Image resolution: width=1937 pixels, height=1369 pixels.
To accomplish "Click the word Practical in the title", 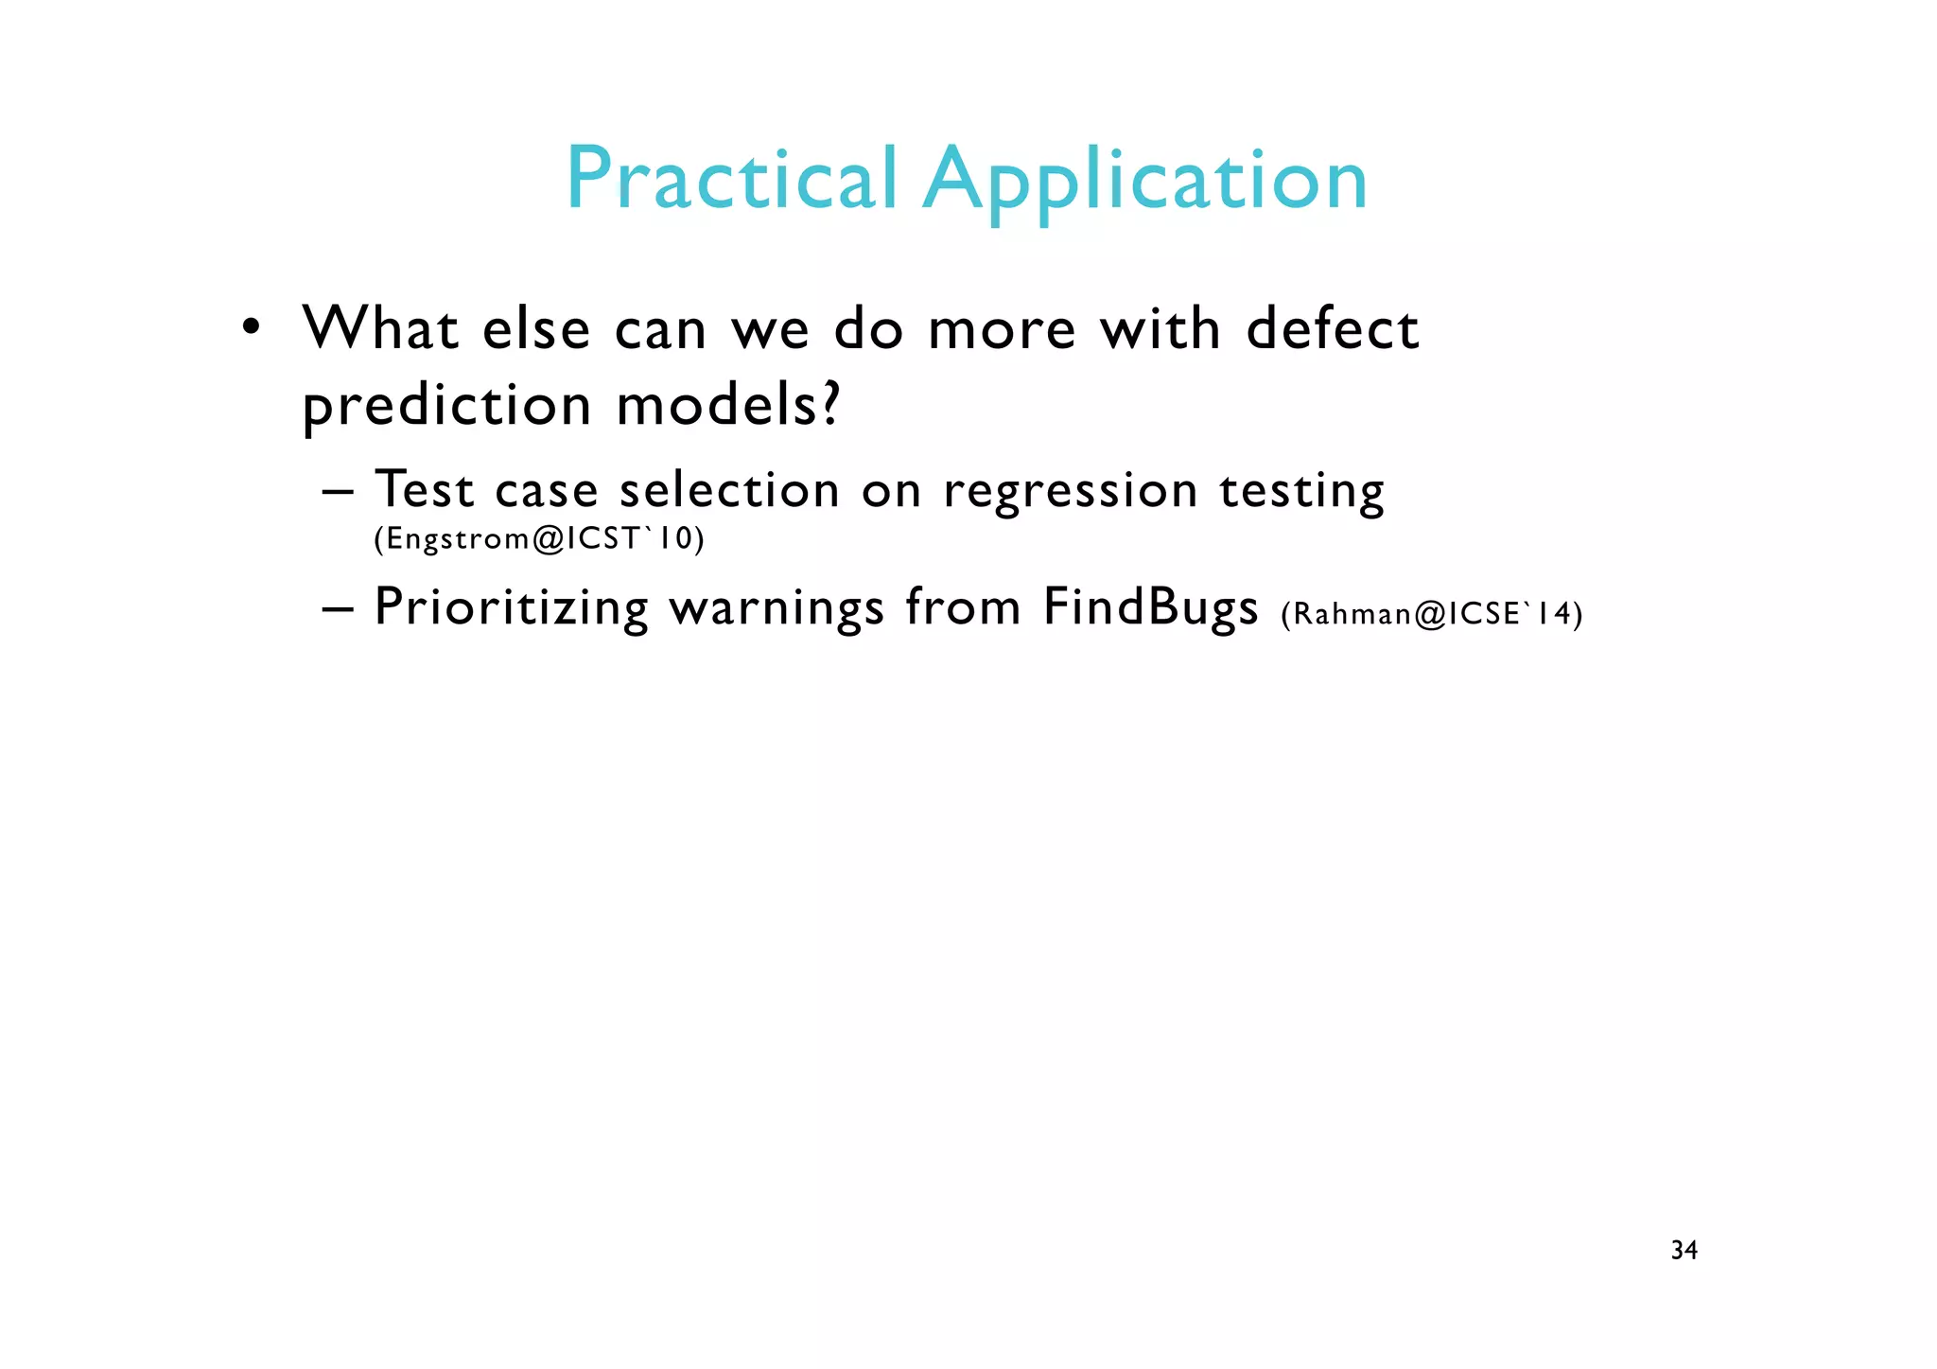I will (x=730, y=180).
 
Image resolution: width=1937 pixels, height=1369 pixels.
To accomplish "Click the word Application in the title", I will (x=1145, y=182).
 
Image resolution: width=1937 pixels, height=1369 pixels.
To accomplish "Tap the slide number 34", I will (x=1684, y=1251).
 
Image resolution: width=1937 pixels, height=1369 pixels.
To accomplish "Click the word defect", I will (x=1332, y=329).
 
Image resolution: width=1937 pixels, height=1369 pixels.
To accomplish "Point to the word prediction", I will (x=446, y=407).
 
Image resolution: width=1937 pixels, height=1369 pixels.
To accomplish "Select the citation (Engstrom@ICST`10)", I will (x=539, y=538).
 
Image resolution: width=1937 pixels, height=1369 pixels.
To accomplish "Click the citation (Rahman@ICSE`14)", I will (x=1431, y=614).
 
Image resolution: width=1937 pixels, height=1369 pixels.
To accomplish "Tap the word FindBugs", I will (x=1151, y=607).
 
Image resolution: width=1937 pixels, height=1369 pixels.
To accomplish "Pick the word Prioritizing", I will (x=512, y=607).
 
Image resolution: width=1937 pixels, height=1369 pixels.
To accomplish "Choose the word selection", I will (x=729, y=490).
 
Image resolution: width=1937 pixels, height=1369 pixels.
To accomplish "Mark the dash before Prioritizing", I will (x=338, y=608).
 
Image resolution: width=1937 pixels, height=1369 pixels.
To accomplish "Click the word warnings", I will (x=777, y=609).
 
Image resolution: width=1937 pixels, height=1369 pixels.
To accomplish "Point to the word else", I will (x=536, y=329).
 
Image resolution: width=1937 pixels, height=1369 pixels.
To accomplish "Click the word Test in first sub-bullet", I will (x=424, y=490).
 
